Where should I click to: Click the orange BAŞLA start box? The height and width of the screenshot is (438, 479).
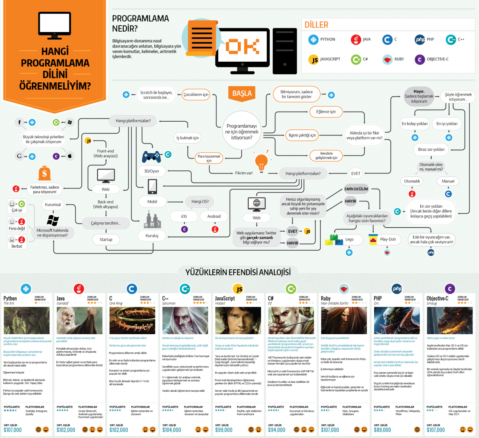tap(242, 93)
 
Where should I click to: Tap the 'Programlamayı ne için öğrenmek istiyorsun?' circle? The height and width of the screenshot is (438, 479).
tap(242, 132)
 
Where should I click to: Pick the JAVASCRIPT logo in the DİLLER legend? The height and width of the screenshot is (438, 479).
tap(313, 60)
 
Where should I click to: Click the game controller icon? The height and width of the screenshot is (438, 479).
tap(151, 156)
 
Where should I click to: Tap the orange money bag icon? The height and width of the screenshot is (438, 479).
tap(45, 173)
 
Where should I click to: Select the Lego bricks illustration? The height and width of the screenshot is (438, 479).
tap(334, 240)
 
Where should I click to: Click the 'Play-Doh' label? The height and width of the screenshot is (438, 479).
tap(388, 239)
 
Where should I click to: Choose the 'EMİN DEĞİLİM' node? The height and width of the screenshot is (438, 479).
tap(356, 189)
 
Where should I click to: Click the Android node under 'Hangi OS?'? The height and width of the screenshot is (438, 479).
tap(214, 217)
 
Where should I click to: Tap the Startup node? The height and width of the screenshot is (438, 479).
tap(106, 240)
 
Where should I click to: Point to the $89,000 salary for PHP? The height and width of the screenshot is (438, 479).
tap(382, 430)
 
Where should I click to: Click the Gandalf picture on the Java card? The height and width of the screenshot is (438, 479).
tap(79, 320)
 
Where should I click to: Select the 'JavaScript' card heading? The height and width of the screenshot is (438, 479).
tap(225, 298)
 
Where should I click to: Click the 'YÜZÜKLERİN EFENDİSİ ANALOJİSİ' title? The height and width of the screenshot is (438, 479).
tap(238, 272)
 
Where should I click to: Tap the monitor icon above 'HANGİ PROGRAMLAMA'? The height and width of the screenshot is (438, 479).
tap(55, 26)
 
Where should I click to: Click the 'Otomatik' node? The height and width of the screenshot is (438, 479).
tap(412, 181)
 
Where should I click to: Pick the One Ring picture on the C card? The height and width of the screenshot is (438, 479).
tap(132, 320)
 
